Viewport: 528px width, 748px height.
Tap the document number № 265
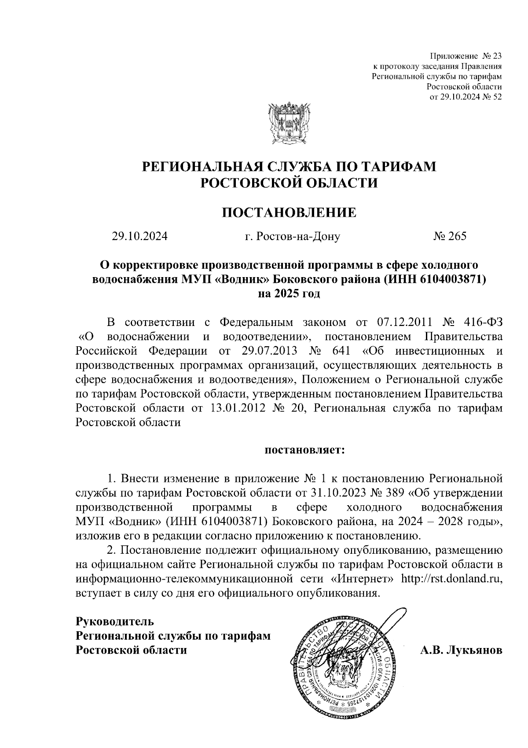tap(449, 237)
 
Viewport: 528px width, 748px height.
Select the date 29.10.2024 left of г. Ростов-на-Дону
tap(139, 237)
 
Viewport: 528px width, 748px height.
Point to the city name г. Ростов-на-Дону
tap(293, 237)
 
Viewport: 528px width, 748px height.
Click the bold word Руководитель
tap(115, 622)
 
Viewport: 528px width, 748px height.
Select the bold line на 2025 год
tap(289, 293)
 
